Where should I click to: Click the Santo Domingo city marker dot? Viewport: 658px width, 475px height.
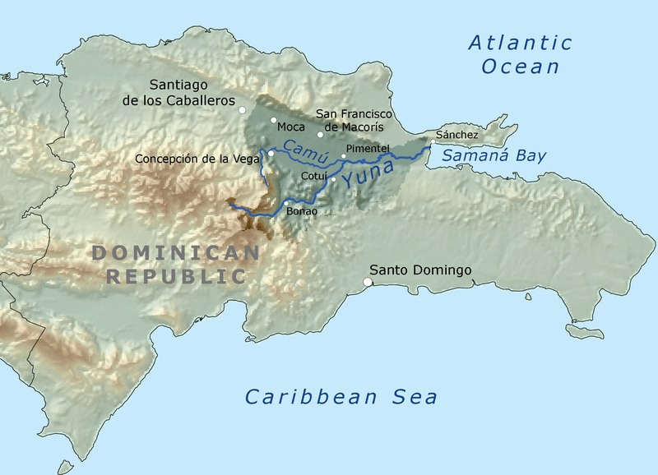click(368, 283)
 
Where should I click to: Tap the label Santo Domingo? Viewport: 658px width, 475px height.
click(419, 270)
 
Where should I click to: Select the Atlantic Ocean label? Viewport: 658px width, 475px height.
click(520, 54)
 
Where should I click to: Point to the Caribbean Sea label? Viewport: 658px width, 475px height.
click(341, 398)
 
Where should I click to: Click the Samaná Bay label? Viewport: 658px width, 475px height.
click(493, 155)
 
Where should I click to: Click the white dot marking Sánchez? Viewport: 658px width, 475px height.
click(433, 143)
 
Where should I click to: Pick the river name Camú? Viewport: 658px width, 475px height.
click(299, 150)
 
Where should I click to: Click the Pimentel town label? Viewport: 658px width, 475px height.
click(367, 148)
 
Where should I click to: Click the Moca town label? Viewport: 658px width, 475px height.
click(291, 127)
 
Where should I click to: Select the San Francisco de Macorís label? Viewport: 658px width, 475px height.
click(356, 120)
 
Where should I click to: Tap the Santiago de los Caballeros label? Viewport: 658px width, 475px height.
click(190, 92)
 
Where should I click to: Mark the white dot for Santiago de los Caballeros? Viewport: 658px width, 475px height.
click(242, 109)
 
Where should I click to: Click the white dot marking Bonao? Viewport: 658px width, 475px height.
click(285, 203)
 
